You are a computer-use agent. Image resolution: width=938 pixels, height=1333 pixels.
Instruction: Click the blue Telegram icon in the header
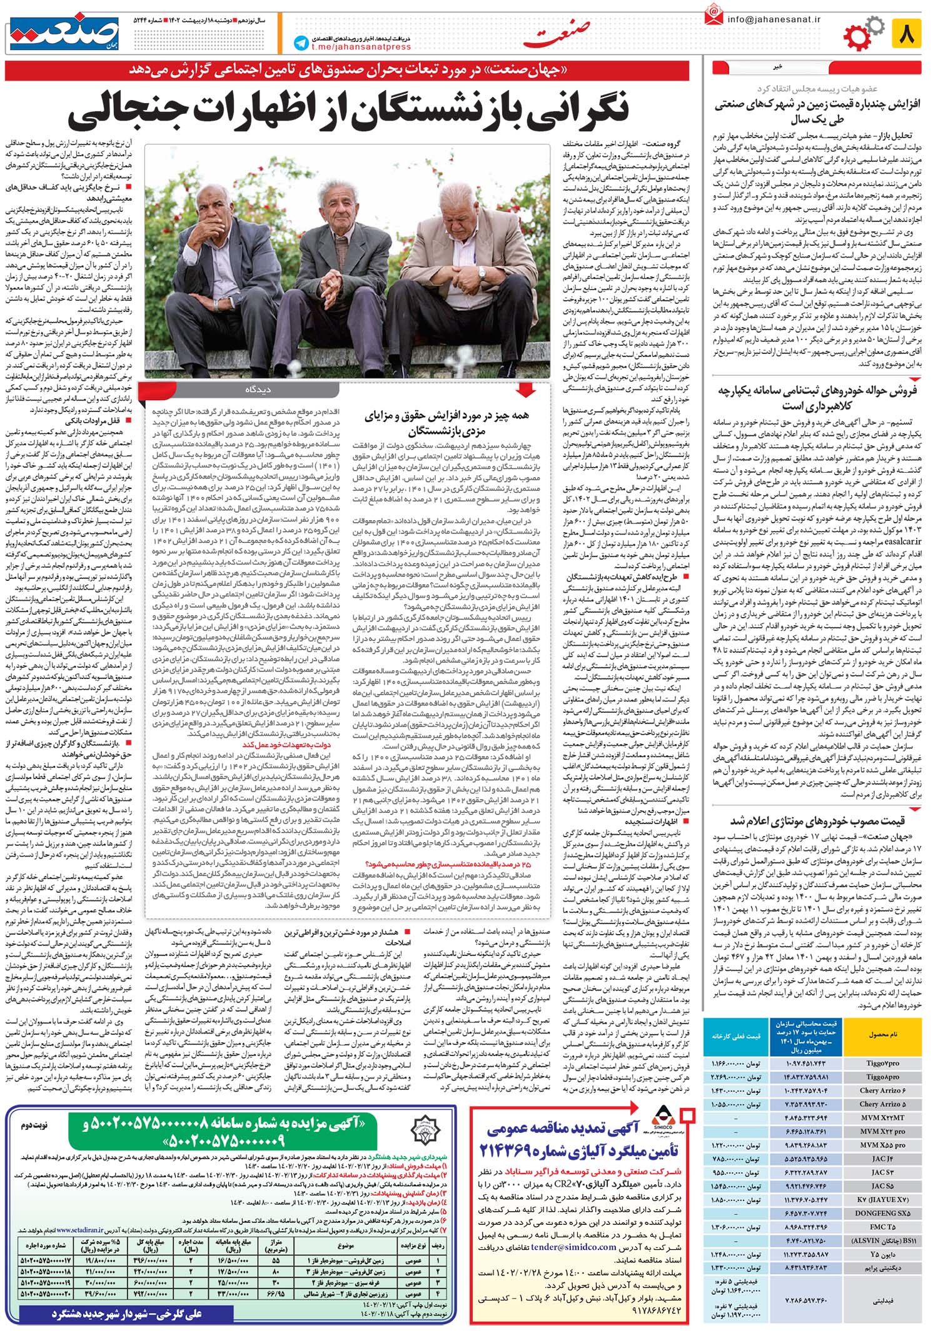[x=301, y=43]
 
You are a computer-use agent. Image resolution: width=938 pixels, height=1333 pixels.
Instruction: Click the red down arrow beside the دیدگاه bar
[x=526, y=391]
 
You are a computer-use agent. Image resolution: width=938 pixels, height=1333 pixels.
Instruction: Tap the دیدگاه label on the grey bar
[x=258, y=390]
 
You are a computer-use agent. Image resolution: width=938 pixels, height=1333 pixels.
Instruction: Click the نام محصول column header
[x=882, y=1035]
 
